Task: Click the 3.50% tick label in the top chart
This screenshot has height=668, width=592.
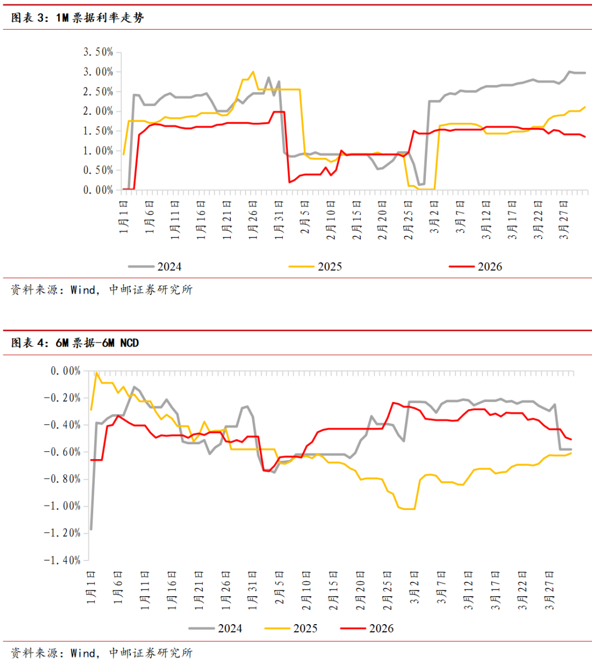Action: point(98,52)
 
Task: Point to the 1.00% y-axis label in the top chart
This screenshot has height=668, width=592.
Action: point(98,151)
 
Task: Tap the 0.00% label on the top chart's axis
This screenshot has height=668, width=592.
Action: point(98,190)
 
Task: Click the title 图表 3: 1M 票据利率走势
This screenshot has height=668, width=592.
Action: point(77,18)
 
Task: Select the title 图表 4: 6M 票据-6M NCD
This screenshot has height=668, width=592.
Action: point(75,343)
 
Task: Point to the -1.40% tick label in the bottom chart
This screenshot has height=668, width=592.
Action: point(62,561)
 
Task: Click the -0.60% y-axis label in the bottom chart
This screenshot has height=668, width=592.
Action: point(62,452)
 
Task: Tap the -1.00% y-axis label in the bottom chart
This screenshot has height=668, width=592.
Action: point(62,506)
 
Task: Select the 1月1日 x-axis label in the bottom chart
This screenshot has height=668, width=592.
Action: point(92,587)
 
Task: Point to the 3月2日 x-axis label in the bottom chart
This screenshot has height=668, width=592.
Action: point(415,587)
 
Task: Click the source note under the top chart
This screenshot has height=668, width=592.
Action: point(102,290)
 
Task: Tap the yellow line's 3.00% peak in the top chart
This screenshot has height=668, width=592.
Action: point(253,71)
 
